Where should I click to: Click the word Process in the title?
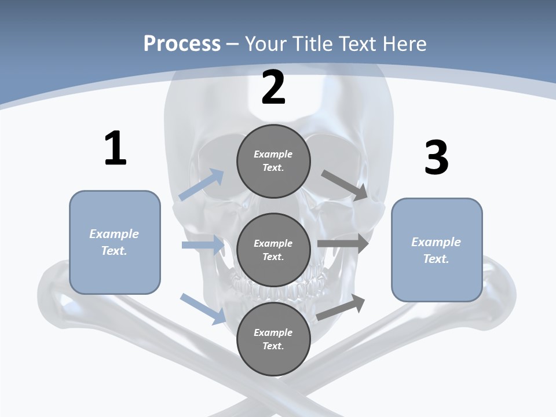[x=182, y=43]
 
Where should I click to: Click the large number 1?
[x=115, y=148]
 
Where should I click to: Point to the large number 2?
[x=273, y=87]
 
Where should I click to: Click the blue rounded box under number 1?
[x=115, y=242]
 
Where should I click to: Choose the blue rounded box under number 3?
[x=437, y=250]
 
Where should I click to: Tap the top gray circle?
[x=273, y=161]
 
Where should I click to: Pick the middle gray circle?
[x=273, y=250]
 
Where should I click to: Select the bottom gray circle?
[x=273, y=339]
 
